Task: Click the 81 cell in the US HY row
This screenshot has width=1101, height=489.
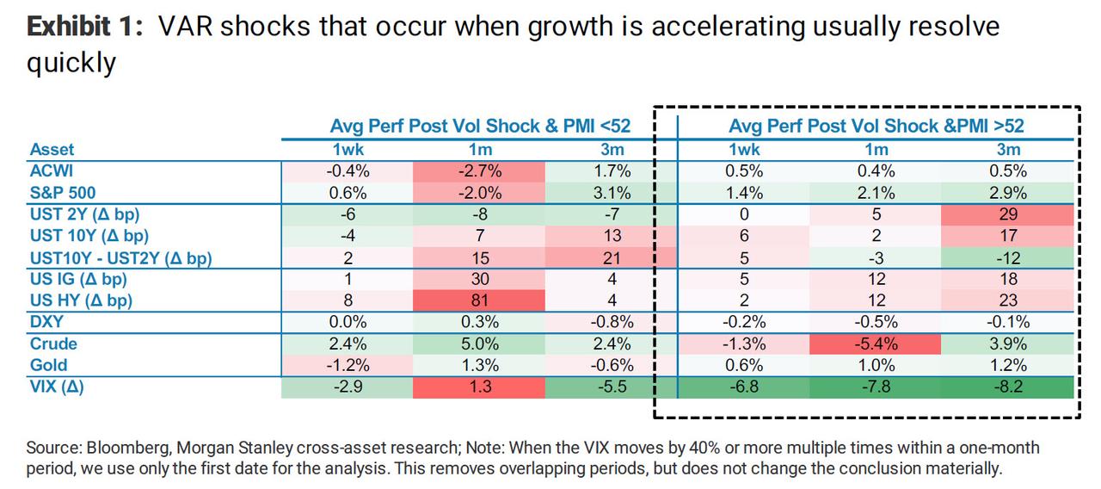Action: coord(481,300)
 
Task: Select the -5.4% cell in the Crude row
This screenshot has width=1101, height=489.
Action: coord(876,344)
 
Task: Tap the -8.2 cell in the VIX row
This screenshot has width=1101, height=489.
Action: coord(1008,387)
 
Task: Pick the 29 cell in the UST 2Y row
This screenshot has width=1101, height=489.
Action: coord(1008,214)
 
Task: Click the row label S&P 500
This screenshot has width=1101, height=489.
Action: coord(64,193)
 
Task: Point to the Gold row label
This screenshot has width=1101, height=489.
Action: coord(48,365)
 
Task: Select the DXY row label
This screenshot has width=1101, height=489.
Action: coord(46,322)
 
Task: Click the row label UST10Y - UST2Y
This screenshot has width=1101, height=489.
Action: coord(120,257)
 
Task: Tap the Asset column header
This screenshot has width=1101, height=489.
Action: coord(52,150)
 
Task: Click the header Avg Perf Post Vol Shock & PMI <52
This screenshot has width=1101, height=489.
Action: coord(481,126)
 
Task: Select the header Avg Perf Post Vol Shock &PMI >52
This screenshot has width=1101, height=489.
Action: coord(876,126)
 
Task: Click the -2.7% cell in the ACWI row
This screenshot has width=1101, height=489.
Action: coord(481,171)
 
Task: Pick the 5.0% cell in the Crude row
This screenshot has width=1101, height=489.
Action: coord(481,344)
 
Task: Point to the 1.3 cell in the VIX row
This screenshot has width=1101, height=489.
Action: coord(481,387)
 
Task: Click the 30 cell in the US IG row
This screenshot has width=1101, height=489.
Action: coord(481,279)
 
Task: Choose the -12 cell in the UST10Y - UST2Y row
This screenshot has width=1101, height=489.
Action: coord(1008,257)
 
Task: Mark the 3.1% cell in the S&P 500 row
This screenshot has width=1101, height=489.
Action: coord(612,193)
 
